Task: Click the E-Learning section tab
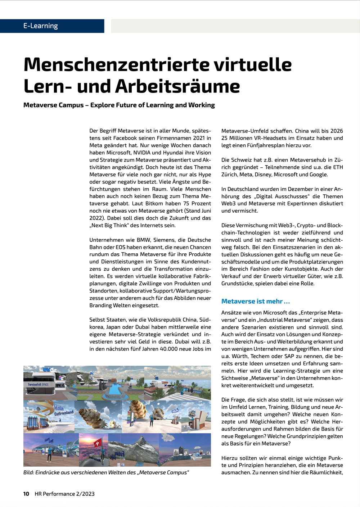click(41, 26)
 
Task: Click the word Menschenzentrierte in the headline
click(116, 64)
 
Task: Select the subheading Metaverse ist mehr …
click(256, 302)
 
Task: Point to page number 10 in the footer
click(26, 494)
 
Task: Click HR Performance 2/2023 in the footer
click(64, 494)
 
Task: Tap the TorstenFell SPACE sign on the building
click(38, 384)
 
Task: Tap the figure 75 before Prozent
click(186, 203)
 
